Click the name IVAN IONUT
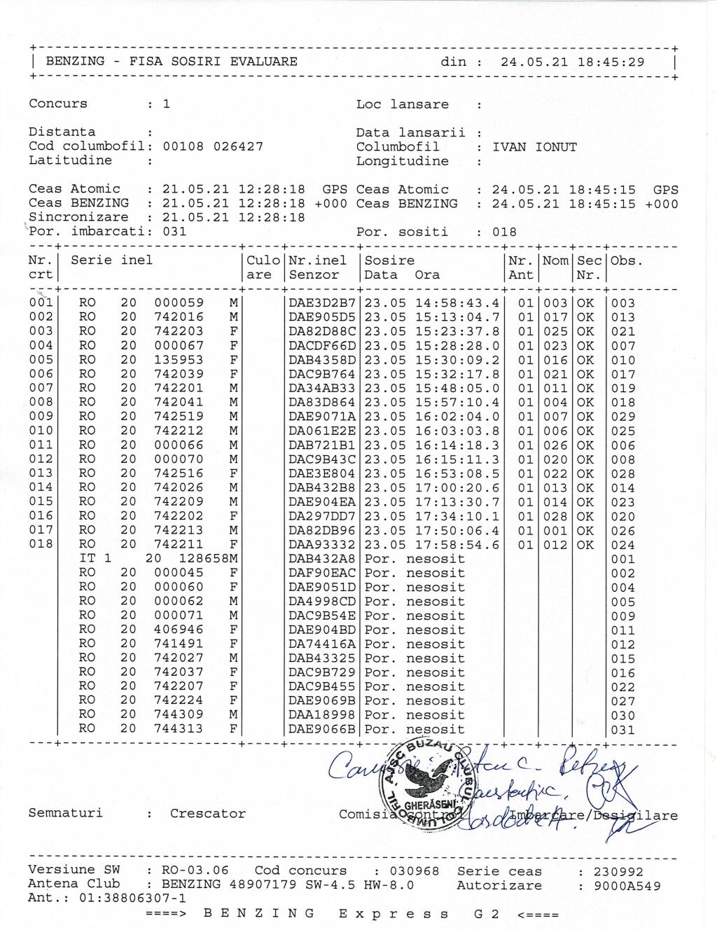click(534, 147)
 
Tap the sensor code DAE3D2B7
click(323, 303)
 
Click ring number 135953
click(179, 360)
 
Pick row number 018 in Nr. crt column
click(41, 544)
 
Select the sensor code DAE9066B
click(323, 729)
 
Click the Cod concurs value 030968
click(415, 871)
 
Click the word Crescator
click(208, 814)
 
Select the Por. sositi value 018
click(504, 232)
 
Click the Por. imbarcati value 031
click(174, 232)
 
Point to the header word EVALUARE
click(264, 62)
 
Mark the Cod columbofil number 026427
click(238, 146)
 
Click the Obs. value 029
click(623, 417)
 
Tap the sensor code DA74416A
click(323, 644)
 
